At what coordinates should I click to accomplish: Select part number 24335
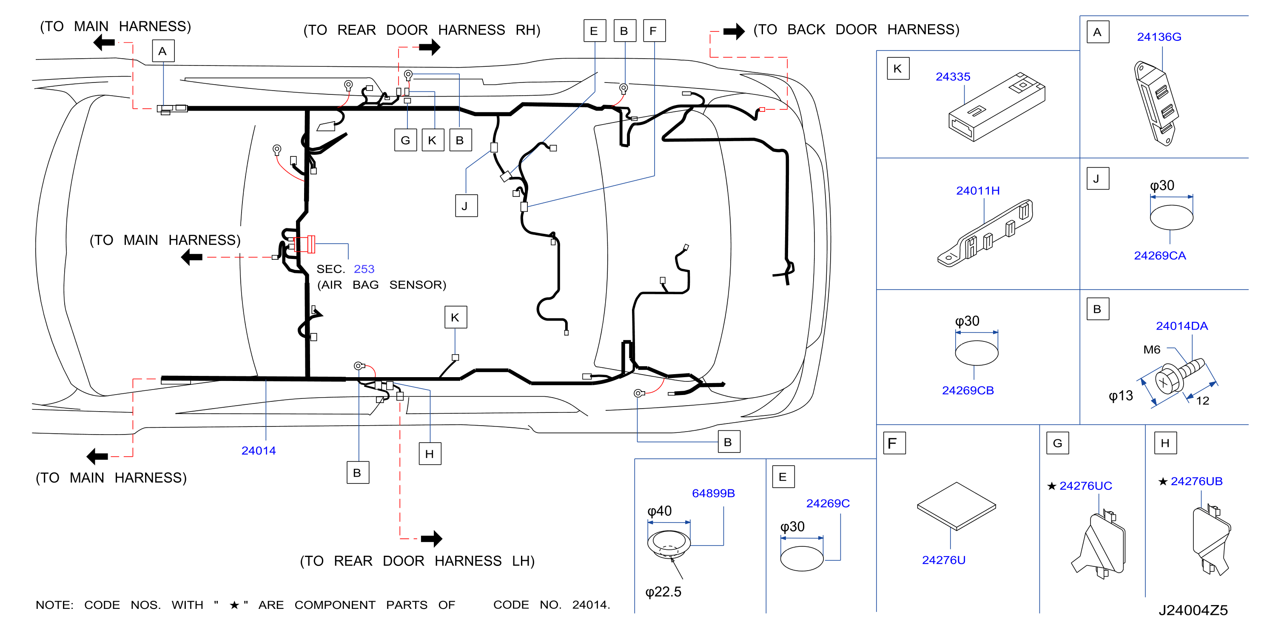click(953, 77)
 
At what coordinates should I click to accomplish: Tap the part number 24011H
click(978, 190)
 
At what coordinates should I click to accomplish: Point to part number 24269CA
click(1160, 256)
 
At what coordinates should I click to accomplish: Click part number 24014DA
click(1181, 326)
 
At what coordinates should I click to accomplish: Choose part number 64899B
click(713, 493)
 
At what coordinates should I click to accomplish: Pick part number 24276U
click(943, 560)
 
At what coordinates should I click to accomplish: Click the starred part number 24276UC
click(1085, 486)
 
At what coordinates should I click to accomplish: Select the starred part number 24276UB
click(1196, 481)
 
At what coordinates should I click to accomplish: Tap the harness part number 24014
click(259, 450)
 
